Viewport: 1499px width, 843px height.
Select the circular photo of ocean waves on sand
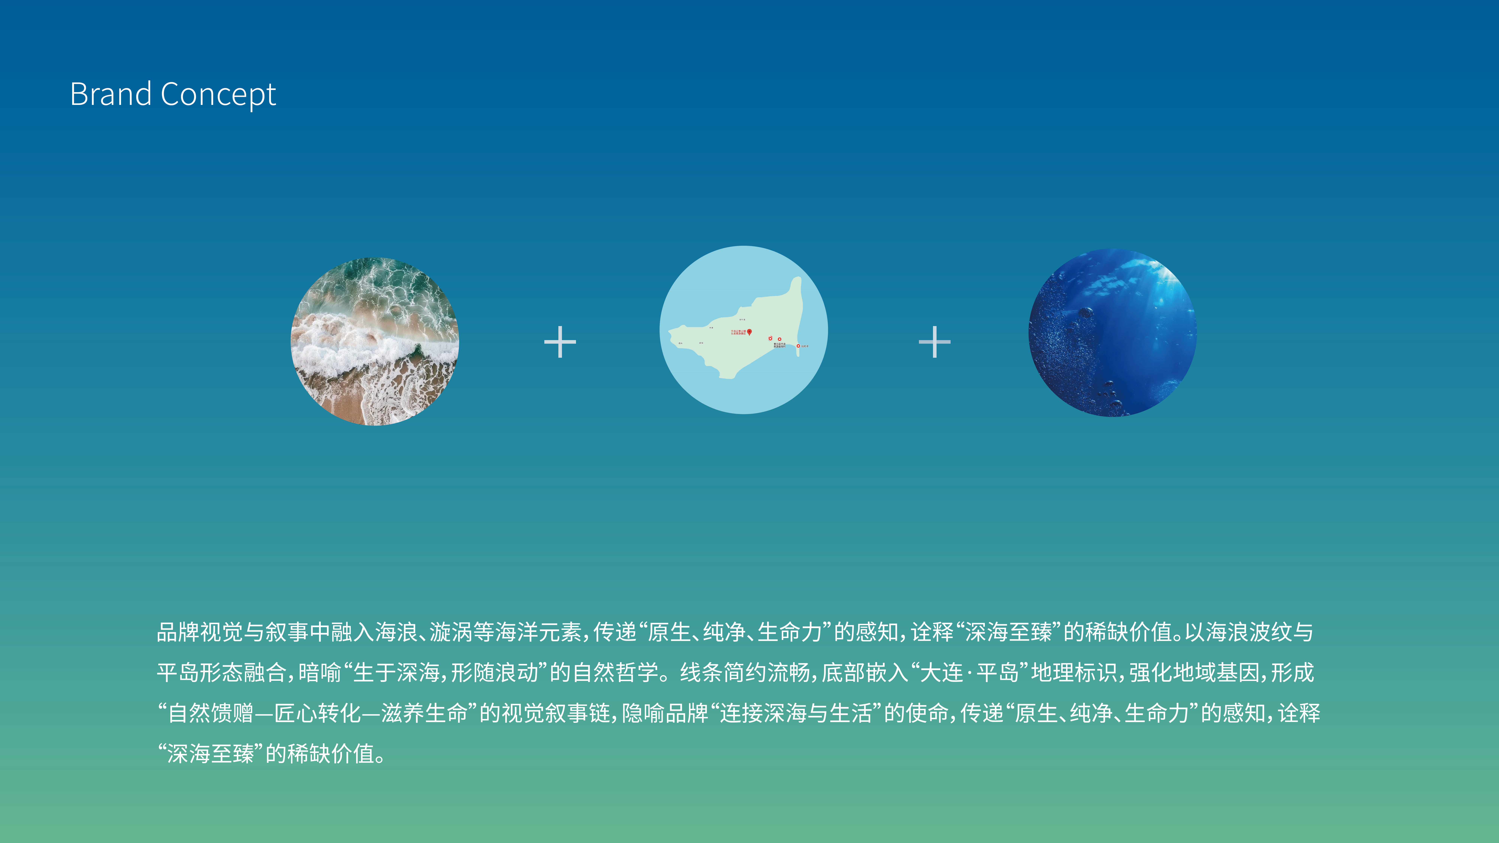point(375,342)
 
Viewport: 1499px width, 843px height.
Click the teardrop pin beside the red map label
point(749,332)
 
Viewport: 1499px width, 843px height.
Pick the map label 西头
point(680,343)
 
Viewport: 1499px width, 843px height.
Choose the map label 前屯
point(701,343)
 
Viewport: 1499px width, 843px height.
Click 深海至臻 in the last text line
point(211,754)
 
